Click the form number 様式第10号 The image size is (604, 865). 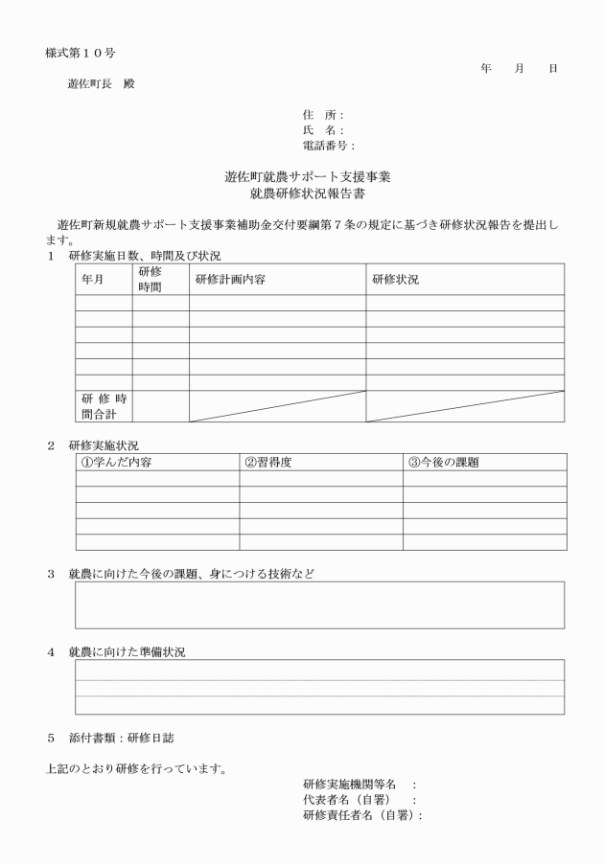click(x=81, y=51)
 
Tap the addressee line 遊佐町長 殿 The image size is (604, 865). click(x=102, y=83)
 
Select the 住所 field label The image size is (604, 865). click(x=322, y=115)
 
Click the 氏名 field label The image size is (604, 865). click(x=322, y=130)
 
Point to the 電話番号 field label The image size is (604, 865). click(x=328, y=146)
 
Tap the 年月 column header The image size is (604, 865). click(x=93, y=280)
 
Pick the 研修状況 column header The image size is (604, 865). click(x=395, y=280)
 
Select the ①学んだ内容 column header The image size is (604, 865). click(x=117, y=462)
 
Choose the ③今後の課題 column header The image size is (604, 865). click(x=444, y=462)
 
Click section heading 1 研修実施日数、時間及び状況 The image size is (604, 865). click(x=134, y=256)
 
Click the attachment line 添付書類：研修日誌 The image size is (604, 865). click(x=111, y=739)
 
